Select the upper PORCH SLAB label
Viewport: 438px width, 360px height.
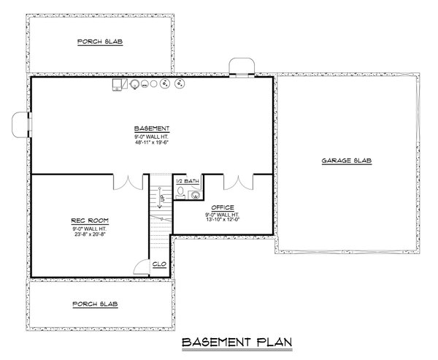pyautogui.click(x=100, y=42)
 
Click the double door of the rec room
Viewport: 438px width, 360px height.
pyautogui.click(x=126, y=183)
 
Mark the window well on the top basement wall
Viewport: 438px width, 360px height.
pyautogui.click(x=242, y=66)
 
